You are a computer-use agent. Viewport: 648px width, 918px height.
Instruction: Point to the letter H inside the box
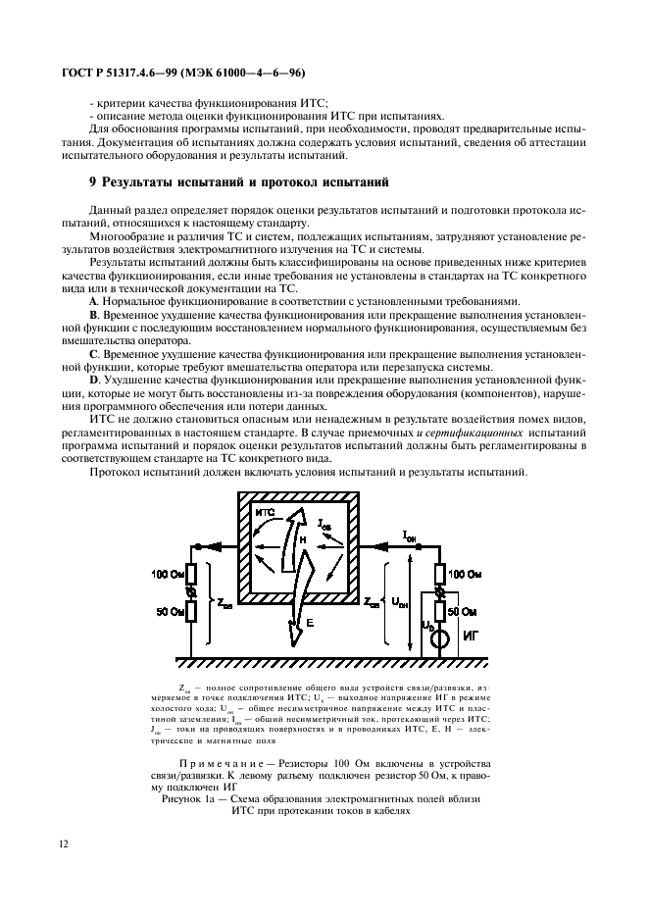click(x=303, y=539)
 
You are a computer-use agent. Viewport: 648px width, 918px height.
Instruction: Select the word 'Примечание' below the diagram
click(x=226, y=762)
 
